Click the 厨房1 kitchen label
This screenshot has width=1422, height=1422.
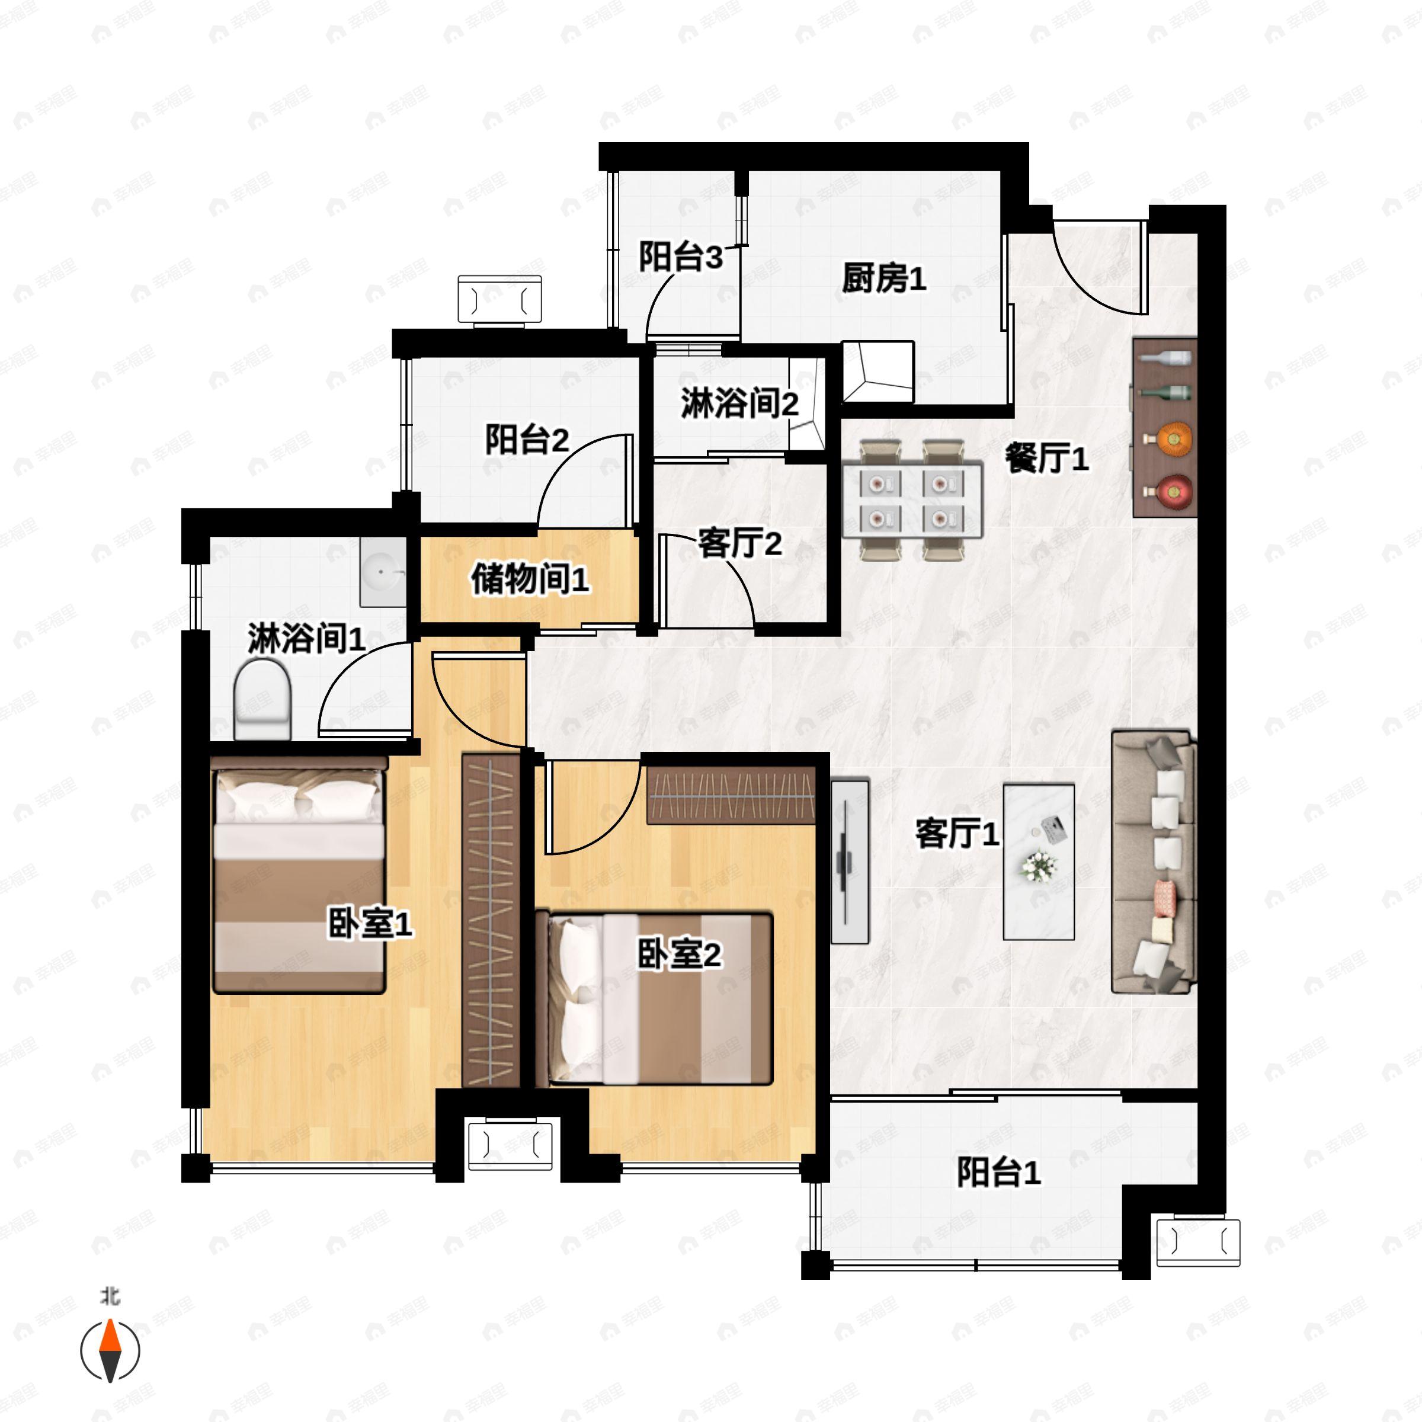pos(884,279)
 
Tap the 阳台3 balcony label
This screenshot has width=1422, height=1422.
pos(681,258)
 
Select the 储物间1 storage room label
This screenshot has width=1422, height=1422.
pos(530,579)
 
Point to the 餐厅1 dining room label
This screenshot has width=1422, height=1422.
pos(1046,459)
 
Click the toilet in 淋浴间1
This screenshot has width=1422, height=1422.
pos(262,699)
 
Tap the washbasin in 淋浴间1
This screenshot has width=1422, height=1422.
pos(383,572)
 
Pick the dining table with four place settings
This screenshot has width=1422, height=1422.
pos(912,499)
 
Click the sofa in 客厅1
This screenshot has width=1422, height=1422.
pos(1154,862)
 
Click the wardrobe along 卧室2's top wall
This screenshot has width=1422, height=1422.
pos(731,796)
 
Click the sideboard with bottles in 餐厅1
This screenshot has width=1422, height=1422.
pos(1164,428)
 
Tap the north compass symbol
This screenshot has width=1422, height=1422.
pos(110,1350)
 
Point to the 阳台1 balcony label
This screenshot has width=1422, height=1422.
pos(999,1172)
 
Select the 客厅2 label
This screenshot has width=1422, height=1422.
pos(739,544)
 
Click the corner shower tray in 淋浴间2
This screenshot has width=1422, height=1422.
pos(806,404)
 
